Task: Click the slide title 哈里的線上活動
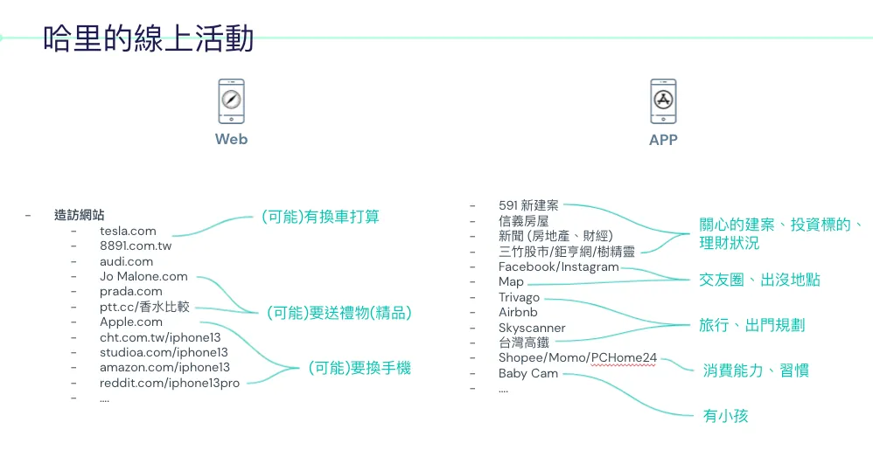point(149,38)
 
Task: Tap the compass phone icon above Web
point(231,100)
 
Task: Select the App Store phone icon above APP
point(663,100)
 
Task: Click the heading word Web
point(231,139)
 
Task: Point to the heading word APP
point(663,140)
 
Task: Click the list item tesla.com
point(128,231)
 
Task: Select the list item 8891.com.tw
point(136,246)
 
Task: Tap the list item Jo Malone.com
point(143,276)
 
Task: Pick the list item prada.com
point(130,291)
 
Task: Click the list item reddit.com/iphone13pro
point(170,383)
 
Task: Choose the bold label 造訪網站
point(80,215)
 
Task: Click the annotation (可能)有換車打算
point(320,216)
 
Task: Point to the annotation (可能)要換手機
point(359,368)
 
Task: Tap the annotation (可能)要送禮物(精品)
point(339,313)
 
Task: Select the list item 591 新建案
point(527,205)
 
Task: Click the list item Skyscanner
point(532,328)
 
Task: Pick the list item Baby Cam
point(527,373)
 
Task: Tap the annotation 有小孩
point(725,416)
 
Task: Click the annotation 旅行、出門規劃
point(751,325)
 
